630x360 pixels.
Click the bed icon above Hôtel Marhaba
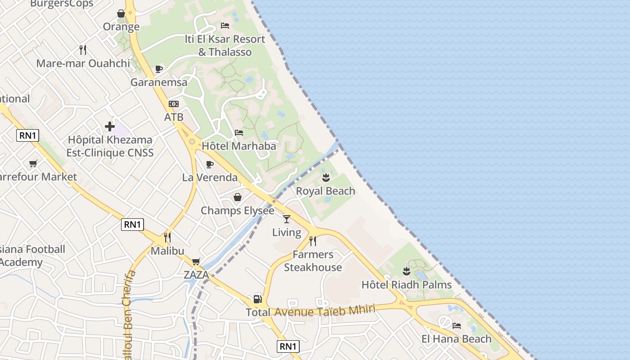pos(239,133)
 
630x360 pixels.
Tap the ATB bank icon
pos(174,104)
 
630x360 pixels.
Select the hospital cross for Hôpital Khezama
pos(110,126)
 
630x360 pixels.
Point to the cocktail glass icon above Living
pos(287,219)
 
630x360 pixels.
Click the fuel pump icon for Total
pos(257,299)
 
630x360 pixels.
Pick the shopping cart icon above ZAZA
pos(196,261)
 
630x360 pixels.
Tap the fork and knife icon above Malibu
pos(167,237)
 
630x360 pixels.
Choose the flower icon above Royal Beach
pos(326,178)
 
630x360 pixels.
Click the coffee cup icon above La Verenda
pos(209,164)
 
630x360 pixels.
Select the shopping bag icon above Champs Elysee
pos(237,197)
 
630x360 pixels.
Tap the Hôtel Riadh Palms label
pos(407,284)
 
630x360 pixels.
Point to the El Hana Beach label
pos(456,339)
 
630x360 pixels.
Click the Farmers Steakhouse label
pos(313,261)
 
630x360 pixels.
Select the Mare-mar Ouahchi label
pos(83,63)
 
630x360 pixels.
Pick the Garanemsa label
pos(159,82)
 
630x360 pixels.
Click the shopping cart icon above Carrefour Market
pos(33,163)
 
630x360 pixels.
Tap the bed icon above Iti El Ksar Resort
pos(225,26)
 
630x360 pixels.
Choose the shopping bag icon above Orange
pos(121,13)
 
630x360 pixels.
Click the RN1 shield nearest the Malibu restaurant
pos(132,225)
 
